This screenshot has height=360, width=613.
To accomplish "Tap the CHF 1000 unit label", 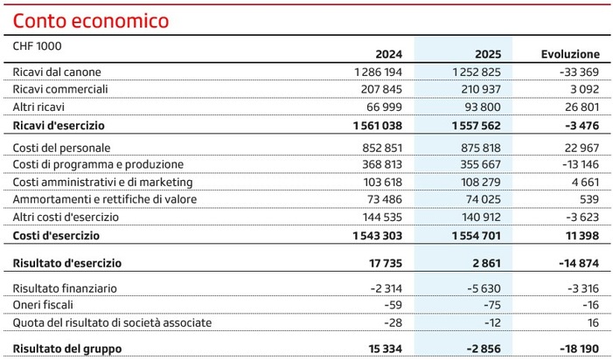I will (x=38, y=45).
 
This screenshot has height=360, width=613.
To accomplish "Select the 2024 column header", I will (x=388, y=54).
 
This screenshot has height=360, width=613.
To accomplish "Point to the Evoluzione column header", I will (x=571, y=54).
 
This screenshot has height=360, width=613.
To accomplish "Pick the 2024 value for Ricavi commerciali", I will (x=381, y=89).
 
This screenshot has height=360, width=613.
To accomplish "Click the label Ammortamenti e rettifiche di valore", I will (x=105, y=199).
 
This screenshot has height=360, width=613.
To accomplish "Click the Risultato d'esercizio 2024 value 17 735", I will (x=385, y=263).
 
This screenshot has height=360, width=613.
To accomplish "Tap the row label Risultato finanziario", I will (x=65, y=288).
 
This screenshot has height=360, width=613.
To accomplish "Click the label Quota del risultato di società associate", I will (x=112, y=322).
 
